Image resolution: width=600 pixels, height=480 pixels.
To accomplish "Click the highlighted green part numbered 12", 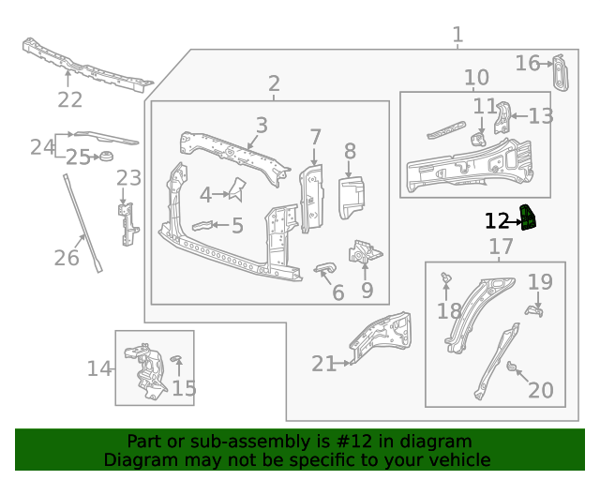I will [x=529, y=218].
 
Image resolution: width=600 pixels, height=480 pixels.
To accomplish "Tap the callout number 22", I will [x=69, y=99].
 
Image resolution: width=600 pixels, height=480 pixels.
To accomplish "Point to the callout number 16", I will [x=528, y=63].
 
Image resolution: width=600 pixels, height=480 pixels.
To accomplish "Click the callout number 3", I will [x=261, y=125].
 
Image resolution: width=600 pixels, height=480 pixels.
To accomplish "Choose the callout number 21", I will [x=323, y=363].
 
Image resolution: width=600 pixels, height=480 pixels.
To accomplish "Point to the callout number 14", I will [x=99, y=368].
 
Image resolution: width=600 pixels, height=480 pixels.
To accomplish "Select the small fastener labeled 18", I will [x=446, y=277].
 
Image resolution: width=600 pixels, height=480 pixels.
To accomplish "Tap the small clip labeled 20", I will [x=513, y=367].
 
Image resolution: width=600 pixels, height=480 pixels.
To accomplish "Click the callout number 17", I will [x=502, y=247].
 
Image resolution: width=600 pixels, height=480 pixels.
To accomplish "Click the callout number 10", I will [x=476, y=77].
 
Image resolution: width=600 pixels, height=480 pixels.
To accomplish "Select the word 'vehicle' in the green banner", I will [x=458, y=459].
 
